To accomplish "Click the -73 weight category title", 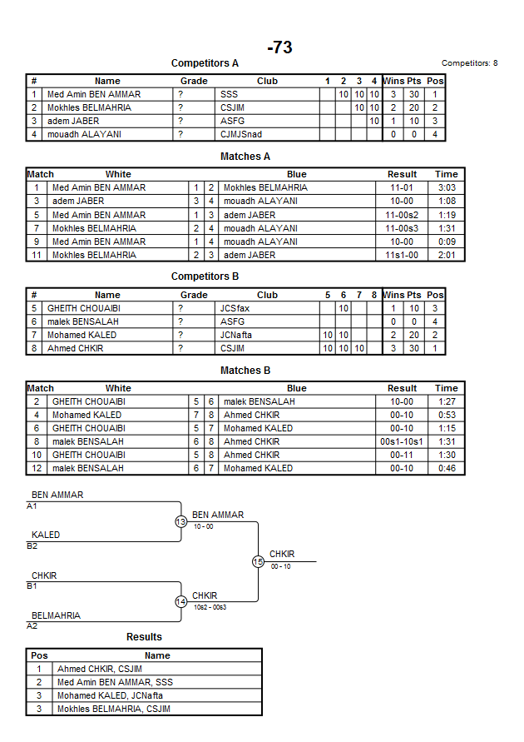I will pos(279,47).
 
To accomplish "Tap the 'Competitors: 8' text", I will pos(469,63).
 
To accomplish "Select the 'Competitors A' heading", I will pos(205,63).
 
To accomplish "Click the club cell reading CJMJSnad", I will pos(241,134).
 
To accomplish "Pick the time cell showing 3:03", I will pos(446,187).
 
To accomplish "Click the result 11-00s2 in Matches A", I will pos(402,215).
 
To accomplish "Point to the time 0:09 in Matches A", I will pos(446,242).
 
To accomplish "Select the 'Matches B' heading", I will pos(245,370).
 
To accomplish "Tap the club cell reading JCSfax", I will pos(235,308).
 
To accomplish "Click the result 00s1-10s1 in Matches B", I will pos(402,441).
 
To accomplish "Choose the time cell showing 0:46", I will pos(446,468).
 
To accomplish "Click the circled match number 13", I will pos(181,522).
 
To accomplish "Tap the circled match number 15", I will pos(258,562).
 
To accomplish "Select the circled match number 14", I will pos(181,602).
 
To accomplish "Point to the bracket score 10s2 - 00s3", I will pos(210,607).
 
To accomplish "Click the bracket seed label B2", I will pos(32,546).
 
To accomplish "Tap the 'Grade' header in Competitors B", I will pos(194,295).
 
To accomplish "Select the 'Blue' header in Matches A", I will pos(296,174).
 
